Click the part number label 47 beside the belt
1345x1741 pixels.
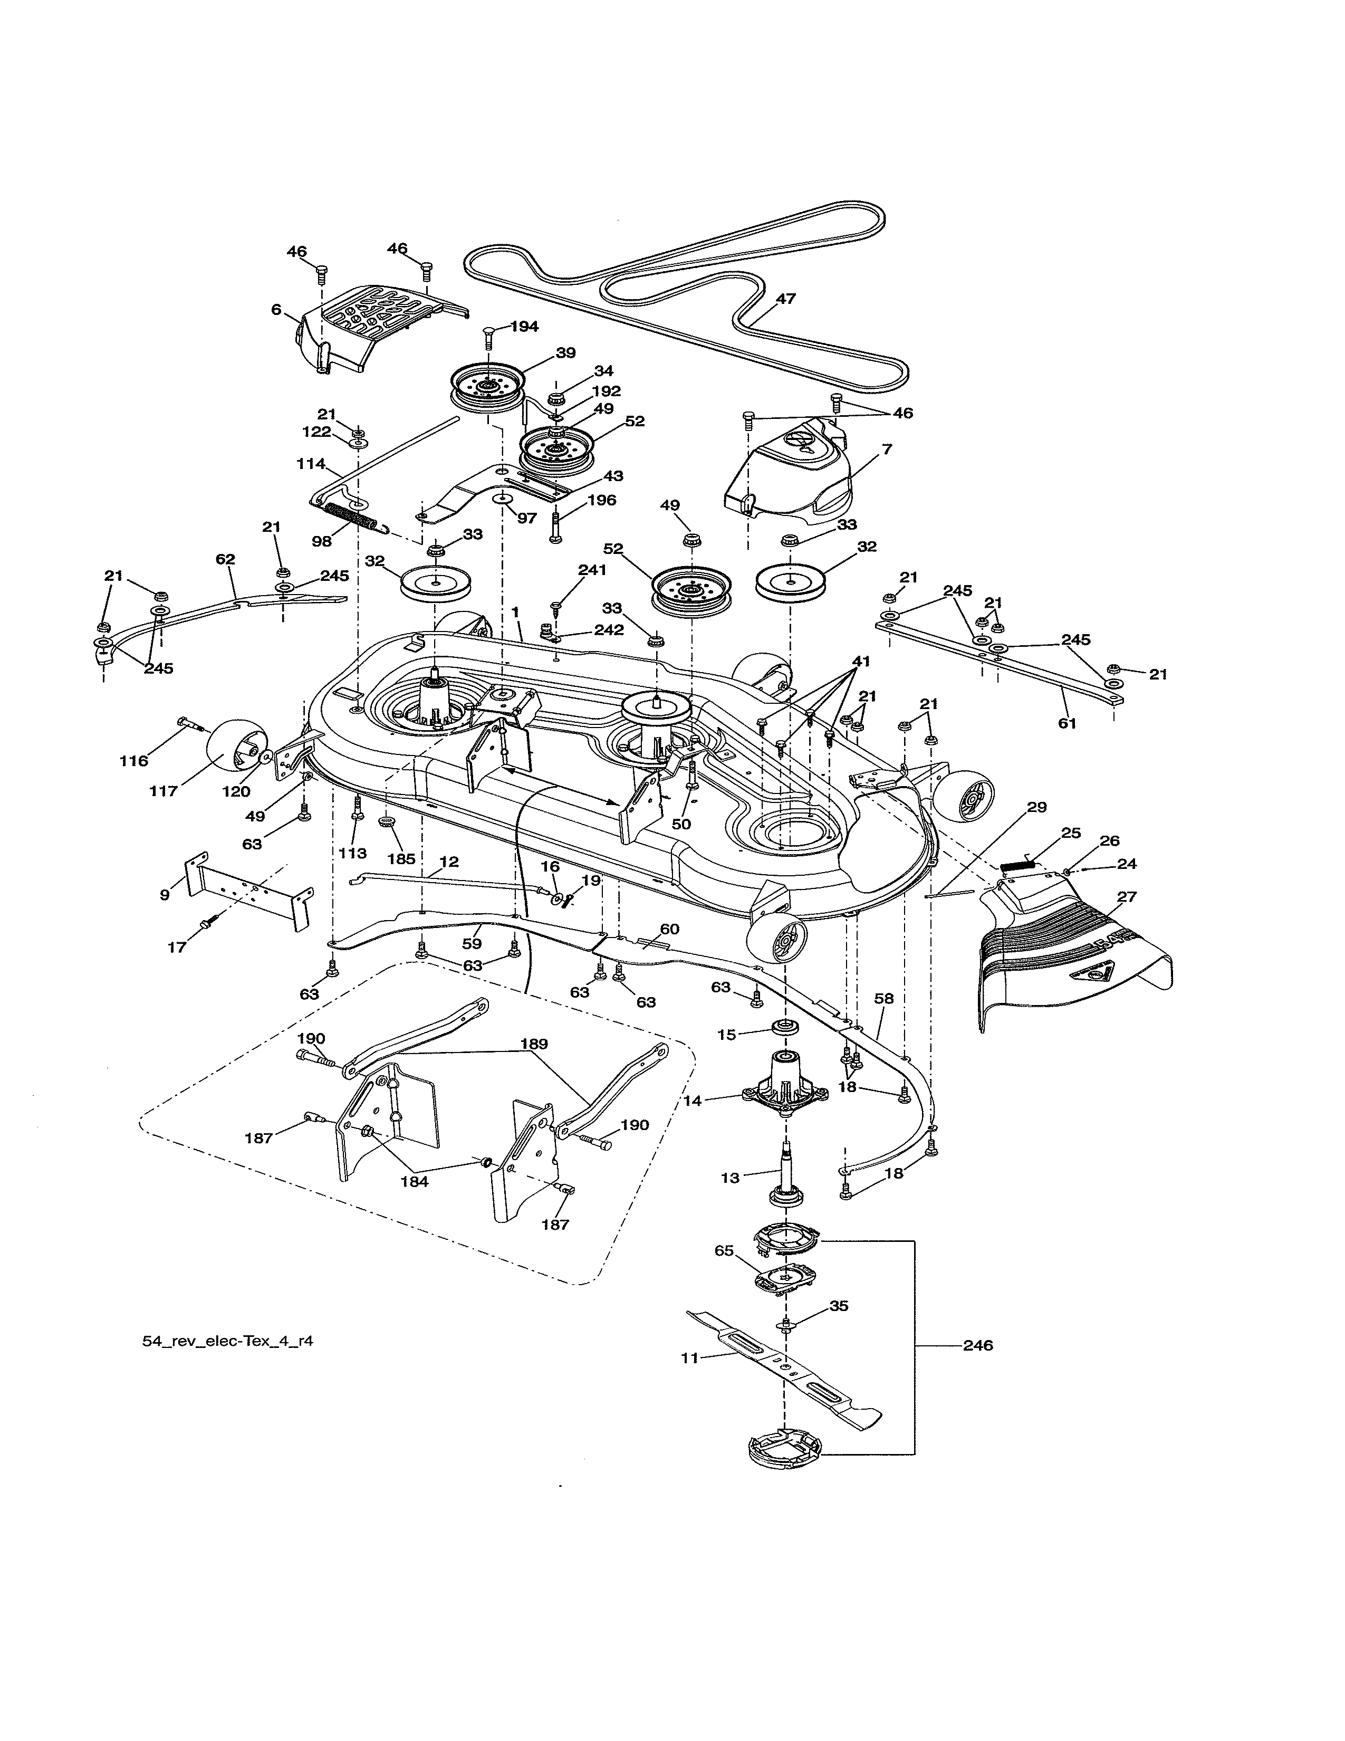point(786,299)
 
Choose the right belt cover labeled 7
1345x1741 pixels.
point(789,479)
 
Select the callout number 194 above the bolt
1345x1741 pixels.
point(524,326)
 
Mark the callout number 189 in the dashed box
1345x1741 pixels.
point(534,1044)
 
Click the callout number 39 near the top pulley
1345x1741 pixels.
point(566,353)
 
